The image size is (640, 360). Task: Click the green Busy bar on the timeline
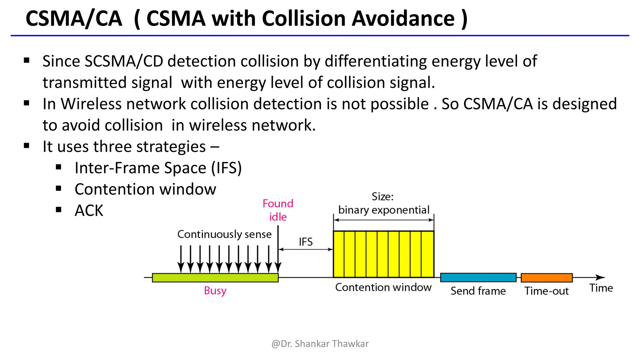coord(215,277)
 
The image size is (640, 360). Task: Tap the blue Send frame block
coord(478,277)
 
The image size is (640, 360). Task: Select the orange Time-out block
coord(547,277)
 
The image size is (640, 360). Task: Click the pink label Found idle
coord(278,210)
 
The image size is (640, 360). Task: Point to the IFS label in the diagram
coord(306,242)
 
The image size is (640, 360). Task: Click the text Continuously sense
coord(224,234)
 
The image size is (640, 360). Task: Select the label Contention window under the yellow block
coord(383,287)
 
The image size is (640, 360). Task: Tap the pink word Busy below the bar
coord(215,291)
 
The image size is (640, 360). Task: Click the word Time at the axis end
coord(601,288)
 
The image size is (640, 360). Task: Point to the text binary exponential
coord(384,210)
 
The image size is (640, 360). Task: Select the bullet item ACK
coord(89,210)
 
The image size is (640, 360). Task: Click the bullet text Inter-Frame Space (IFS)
coord(158,168)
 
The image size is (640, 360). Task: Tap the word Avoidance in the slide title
coord(403,18)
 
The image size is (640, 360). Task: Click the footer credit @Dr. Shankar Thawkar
coord(320,343)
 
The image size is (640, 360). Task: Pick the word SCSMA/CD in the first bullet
coord(124,61)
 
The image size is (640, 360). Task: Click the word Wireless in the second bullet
coord(91,104)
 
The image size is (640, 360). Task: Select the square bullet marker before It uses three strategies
coord(27,146)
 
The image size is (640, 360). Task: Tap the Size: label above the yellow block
coord(382,197)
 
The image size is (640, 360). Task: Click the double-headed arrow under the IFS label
coord(306,249)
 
